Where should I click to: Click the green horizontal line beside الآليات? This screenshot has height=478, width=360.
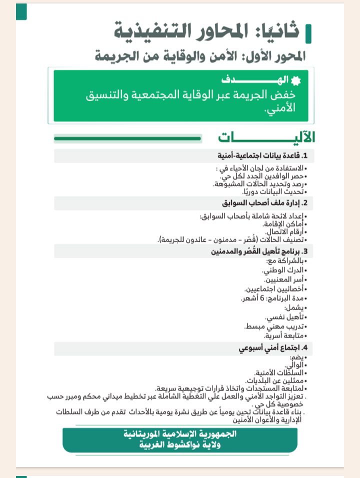[x=127, y=138]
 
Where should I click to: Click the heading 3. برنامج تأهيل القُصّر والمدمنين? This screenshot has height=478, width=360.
[x=259, y=251]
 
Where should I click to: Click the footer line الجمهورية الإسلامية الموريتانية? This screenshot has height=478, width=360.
[x=180, y=433]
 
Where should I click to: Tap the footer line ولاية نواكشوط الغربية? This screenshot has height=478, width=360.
[x=180, y=444]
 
